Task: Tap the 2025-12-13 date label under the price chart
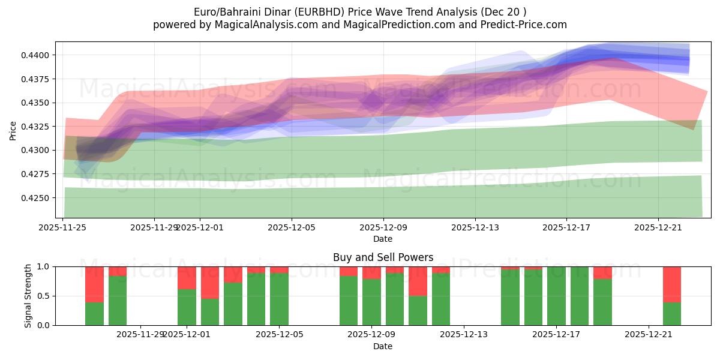[475, 227]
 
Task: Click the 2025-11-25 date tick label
[62, 227]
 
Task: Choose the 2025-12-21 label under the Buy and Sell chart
[649, 335]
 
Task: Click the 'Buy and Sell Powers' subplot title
[383, 257]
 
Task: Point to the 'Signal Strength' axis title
[28, 296]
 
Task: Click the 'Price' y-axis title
[13, 130]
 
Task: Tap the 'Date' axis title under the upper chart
[383, 239]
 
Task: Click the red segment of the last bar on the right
[671, 284]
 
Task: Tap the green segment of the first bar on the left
[94, 314]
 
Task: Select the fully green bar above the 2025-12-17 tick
[556, 296]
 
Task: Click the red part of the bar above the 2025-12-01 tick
[187, 277]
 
